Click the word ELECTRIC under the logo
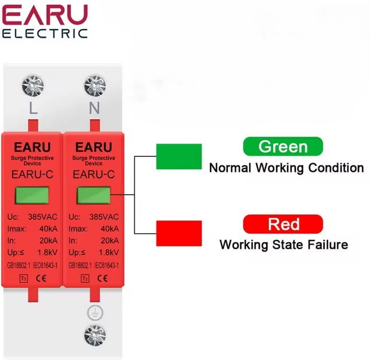tap(45, 33)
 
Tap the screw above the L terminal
tap(33, 87)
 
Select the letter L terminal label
tap(33, 109)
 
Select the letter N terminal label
tap(95, 109)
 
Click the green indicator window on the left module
tap(33, 194)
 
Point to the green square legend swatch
tap(178, 156)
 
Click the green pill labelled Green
tap(283, 146)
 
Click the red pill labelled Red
tap(283, 224)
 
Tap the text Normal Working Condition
tap(286, 168)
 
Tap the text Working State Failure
tap(283, 245)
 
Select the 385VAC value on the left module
tap(44, 217)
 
